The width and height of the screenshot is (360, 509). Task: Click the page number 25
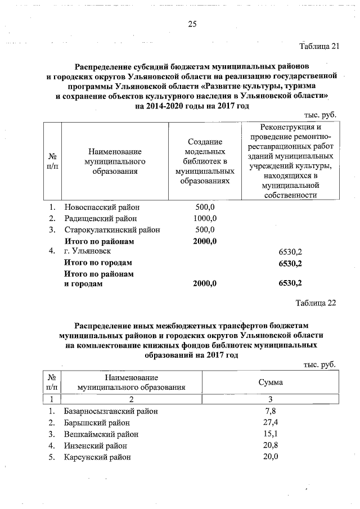pos(192,24)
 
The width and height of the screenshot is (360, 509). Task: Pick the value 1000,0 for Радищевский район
pos(205,218)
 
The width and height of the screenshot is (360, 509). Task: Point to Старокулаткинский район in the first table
pos(112,229)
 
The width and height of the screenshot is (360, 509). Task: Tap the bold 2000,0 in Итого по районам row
pos(205,241)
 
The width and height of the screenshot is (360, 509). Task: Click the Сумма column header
pos(270,382)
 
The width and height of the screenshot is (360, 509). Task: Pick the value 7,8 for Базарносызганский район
pos(270,411)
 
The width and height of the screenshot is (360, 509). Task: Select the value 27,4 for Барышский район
pos(271,422)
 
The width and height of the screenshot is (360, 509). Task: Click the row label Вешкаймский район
pos(101,434)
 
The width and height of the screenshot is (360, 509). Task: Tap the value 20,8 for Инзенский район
pos(271,445)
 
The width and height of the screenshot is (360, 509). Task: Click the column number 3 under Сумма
pos(270,399)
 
